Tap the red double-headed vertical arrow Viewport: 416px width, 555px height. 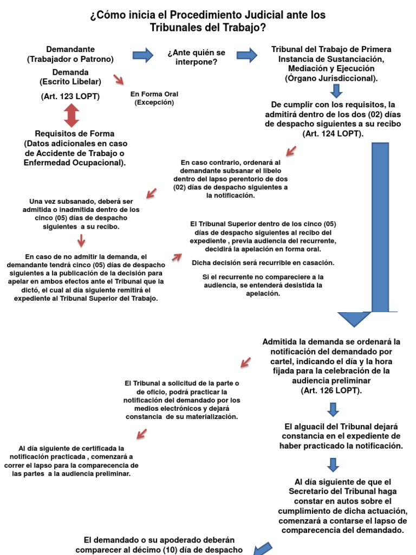(71, 115)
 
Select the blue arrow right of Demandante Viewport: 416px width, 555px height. (143, 54)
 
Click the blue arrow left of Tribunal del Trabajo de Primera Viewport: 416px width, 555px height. (247, 54)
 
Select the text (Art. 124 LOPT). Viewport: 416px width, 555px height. (333, 133)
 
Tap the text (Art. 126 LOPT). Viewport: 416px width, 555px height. (331, 390)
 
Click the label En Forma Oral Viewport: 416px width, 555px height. (154, 94)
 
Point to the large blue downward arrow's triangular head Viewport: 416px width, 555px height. (355, 319)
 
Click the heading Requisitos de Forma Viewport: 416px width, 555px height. (75, 133)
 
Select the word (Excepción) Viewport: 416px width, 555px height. (154, 102)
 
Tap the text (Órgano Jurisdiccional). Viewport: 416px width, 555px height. (331, 79)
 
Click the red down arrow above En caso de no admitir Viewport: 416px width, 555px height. (81, 240)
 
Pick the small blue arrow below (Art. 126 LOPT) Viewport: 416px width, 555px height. (334, 409)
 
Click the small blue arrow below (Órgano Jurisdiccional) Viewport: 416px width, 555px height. (337, 91)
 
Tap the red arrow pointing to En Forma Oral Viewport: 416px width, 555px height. (118, 80)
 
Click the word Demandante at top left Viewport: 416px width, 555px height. (70, 49)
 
